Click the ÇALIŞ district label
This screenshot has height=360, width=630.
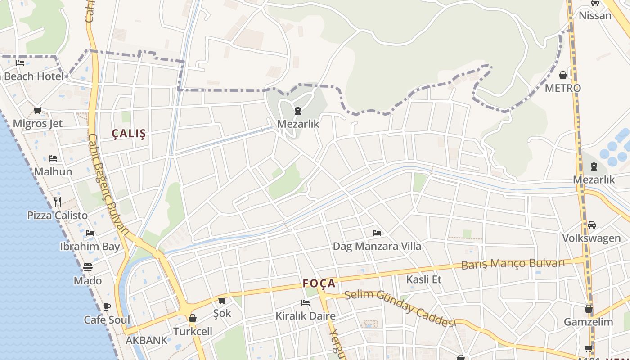[x=129, y=134]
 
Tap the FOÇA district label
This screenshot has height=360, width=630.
[x=319, y=283]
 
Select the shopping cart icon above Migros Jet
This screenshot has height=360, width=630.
[x=38, y=110]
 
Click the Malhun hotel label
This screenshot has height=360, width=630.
[x=53, y=171]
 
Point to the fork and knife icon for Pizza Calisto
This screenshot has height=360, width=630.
[x=58, y=202]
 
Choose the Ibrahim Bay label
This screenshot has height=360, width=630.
[x=90, y=247]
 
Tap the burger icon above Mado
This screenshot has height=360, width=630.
[x=88, y=267]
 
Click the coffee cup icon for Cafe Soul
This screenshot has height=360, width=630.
[x=107, y=306]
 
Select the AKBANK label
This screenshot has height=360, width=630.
[x=146, y=340]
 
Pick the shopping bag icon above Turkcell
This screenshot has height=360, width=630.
[x=193, y=318]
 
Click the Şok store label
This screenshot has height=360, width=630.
[x=222, y=313]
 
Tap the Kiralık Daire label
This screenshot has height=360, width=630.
[x=306, y=316]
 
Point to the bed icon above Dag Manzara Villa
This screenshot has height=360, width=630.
[x=377, y=233]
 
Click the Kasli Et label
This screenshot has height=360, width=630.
[x=424, y=279]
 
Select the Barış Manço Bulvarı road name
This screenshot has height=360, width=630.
[x=513, y=263]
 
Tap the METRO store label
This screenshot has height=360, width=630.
[x=562, y=88]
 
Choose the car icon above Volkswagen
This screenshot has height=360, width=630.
[x=592, y=225]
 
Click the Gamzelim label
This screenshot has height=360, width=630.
[x=589, y=322]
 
